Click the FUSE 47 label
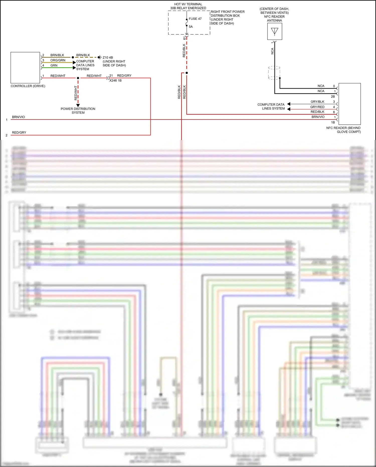click(195, 19)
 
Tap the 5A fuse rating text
click(191, 27)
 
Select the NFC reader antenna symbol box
click(274, 31)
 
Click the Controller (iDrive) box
click(25, 68)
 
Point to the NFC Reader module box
click(349, 104)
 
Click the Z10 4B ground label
click(108, 57)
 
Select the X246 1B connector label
click(115, 81)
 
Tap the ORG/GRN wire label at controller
click(58, 60)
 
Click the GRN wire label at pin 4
click(54, 65)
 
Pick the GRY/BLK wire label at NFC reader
click(317, 102)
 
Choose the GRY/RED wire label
click(317, 107)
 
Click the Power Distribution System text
click(78, 111)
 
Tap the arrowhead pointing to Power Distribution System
click(78, 105)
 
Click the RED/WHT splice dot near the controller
click(78, 78)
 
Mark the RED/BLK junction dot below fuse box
click(186, 73)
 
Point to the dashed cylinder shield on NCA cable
click(274, 73)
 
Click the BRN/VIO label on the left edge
click(18, 117)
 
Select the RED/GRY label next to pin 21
click(124, 76)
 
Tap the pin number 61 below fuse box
click(184, 38)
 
